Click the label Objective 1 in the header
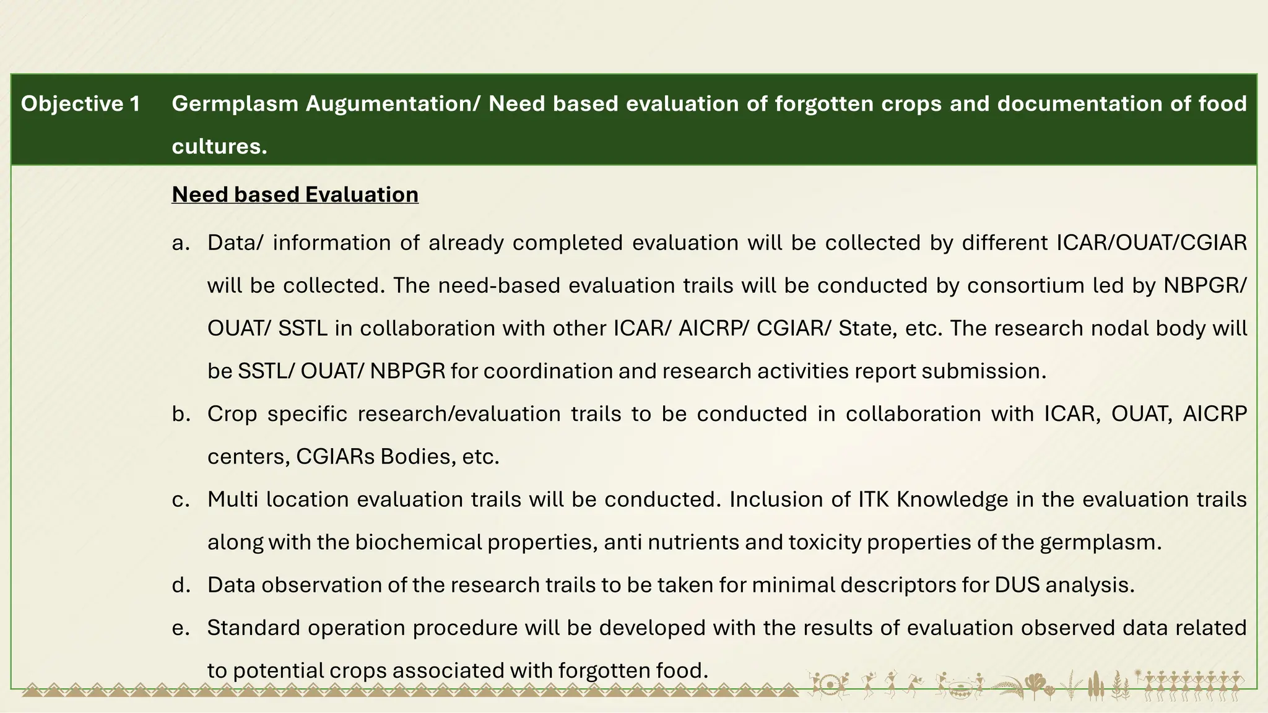pyautogui.click(x=80, y=103)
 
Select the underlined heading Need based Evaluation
pyautogui.click(x=295, y=194)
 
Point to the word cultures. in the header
pyautogui.click(x=219, y=146)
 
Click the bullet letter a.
pyautogui.click(x=180, y=243)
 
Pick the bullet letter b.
pyautogui.click(x=181, y=413)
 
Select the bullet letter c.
pyautogui.click(x=180, y=499)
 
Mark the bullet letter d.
pyautogui.click(x=181, y=585)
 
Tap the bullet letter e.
pyautogui.click(x=180, y=628)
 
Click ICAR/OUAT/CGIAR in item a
pyautogui.click(x=1151, y=243)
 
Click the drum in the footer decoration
pyautogui.click(x=829, y=686)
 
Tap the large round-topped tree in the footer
pyautogui.click(x=1033, y=683)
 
